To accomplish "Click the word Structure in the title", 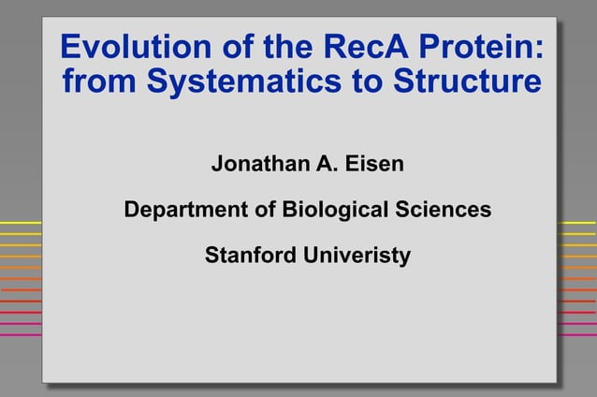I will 466,81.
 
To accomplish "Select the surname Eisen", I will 375,165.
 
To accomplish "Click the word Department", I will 182,210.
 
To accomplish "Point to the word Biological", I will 328,210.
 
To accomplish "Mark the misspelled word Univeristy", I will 355,255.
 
